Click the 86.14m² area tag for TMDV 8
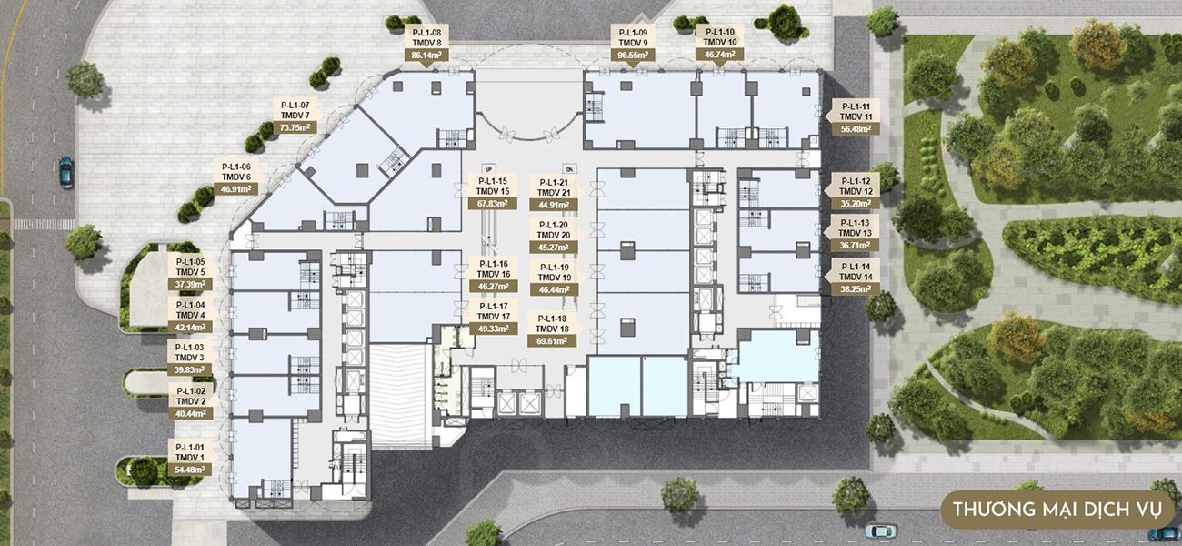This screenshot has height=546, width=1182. tap(426, 55)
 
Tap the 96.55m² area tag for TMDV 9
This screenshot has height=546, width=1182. tap(633, 55)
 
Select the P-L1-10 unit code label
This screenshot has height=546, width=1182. tap(720, 32)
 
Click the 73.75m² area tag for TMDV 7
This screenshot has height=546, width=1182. tap(295, 127)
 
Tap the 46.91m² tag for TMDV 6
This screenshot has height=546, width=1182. tap(235, 189)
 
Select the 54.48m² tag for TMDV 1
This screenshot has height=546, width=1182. tap(190, 470)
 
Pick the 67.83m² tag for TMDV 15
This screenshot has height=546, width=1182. tap(492, 203)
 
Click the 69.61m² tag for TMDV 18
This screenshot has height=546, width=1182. tap(551, 340)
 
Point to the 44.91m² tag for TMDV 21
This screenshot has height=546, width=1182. tap(554, 205)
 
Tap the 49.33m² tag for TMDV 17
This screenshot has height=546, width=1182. tap(494, 329)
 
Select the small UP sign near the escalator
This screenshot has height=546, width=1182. tap(488, 169)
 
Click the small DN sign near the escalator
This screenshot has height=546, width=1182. tap(569, 169)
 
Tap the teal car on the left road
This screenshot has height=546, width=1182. tap(66, 172)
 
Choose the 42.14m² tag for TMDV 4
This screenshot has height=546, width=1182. tap(190, 328)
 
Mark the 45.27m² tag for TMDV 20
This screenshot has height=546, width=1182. tap(554, 248)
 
